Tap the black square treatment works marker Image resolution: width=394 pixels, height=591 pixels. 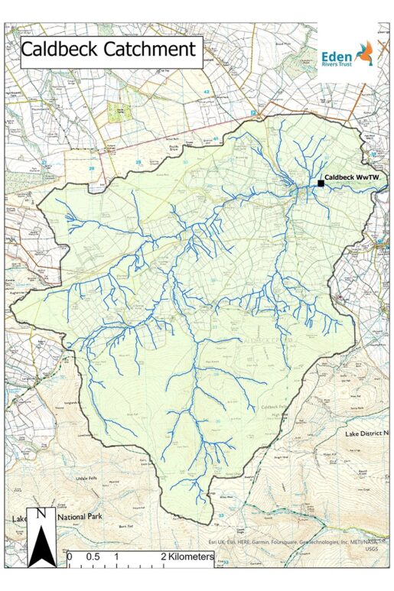[x=320, y=183]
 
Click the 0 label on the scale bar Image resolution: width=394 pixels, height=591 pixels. [x=70, y=557]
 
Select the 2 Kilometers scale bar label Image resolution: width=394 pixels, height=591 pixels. [x=187, y=557]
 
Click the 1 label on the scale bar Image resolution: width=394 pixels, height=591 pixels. [x=116, y=557]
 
